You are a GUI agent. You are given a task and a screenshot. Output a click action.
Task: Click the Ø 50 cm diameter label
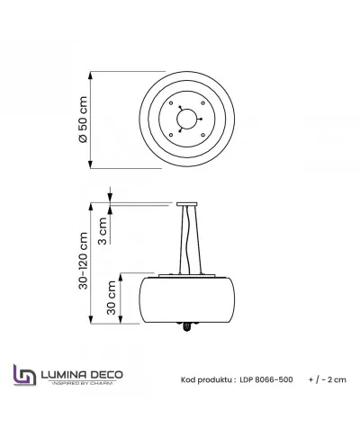pos(83,121)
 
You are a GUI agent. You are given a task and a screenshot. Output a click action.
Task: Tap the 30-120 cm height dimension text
pos(83,262)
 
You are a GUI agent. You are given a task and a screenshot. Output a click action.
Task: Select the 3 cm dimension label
pos(103,231)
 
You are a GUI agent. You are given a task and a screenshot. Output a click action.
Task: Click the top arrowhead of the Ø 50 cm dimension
pos(95,74)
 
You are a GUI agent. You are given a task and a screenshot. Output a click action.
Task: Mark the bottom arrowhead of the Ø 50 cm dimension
pos(95,164)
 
